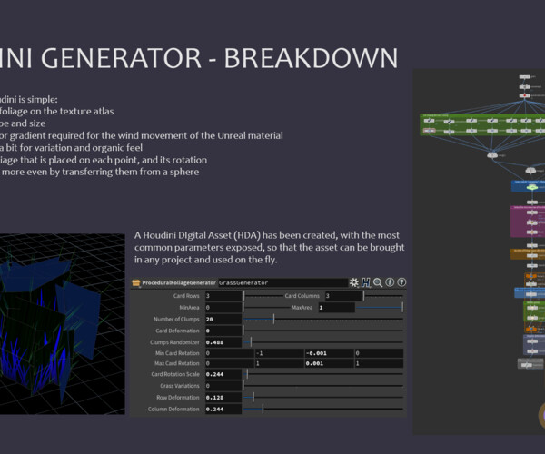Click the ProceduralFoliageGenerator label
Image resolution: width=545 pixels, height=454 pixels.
click(x=178, y=282)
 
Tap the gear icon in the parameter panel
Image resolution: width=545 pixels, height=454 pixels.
click(x=353, y=282)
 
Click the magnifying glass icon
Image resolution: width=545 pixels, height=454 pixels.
click(x=377, y=282)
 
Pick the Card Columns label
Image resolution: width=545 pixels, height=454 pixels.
click(x=303, y=296)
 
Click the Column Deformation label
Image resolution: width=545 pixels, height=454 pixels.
click(x=173, y=410)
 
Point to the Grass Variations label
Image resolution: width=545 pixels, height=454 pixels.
click(x=177, y=386)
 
